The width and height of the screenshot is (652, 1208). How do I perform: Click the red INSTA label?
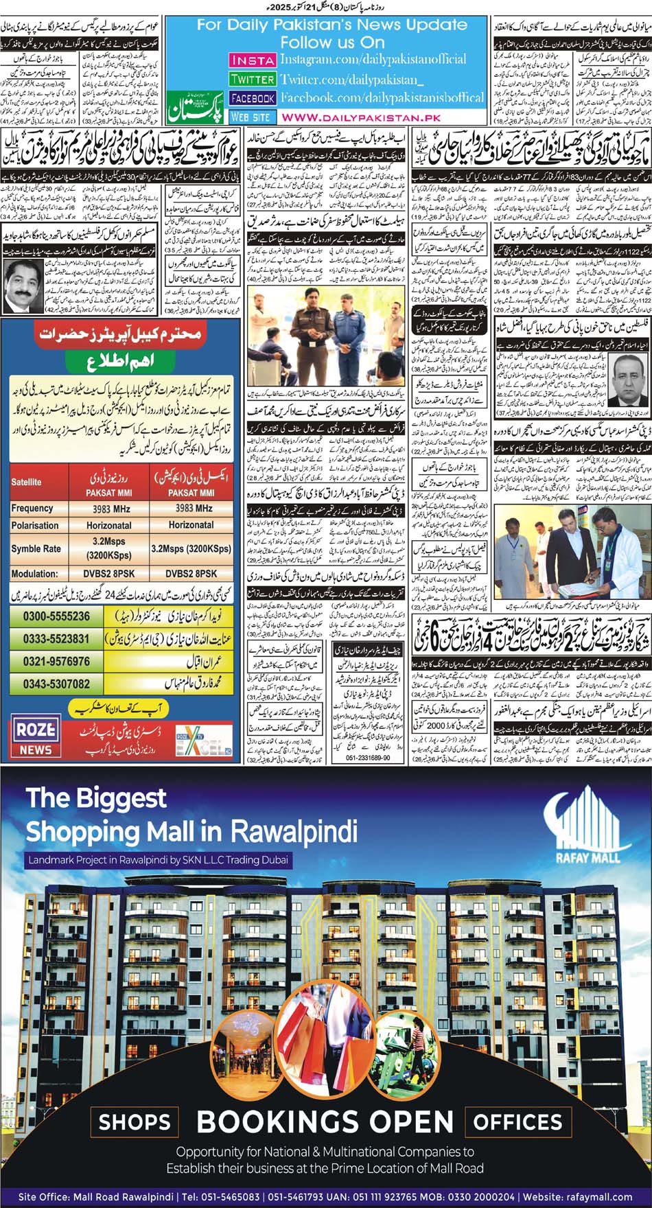(252, 60)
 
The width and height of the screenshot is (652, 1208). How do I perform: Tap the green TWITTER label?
(252, 79)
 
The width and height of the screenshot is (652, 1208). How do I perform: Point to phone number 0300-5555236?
(56, 616)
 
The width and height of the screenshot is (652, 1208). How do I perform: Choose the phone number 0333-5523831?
(56, 638)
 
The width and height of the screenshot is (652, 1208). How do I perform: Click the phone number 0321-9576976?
(56, 662)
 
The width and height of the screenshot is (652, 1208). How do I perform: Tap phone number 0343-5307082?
(56, 684)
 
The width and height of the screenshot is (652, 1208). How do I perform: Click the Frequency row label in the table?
(32, 508)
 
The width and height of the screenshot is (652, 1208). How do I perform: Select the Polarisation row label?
(35, 525)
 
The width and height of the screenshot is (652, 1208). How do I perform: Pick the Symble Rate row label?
(36, 549)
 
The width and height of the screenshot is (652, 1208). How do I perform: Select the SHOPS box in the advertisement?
(135, 1122)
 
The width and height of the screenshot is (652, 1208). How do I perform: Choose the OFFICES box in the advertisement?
(518, 1122)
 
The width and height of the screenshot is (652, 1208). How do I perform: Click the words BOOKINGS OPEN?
(325, 1122)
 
